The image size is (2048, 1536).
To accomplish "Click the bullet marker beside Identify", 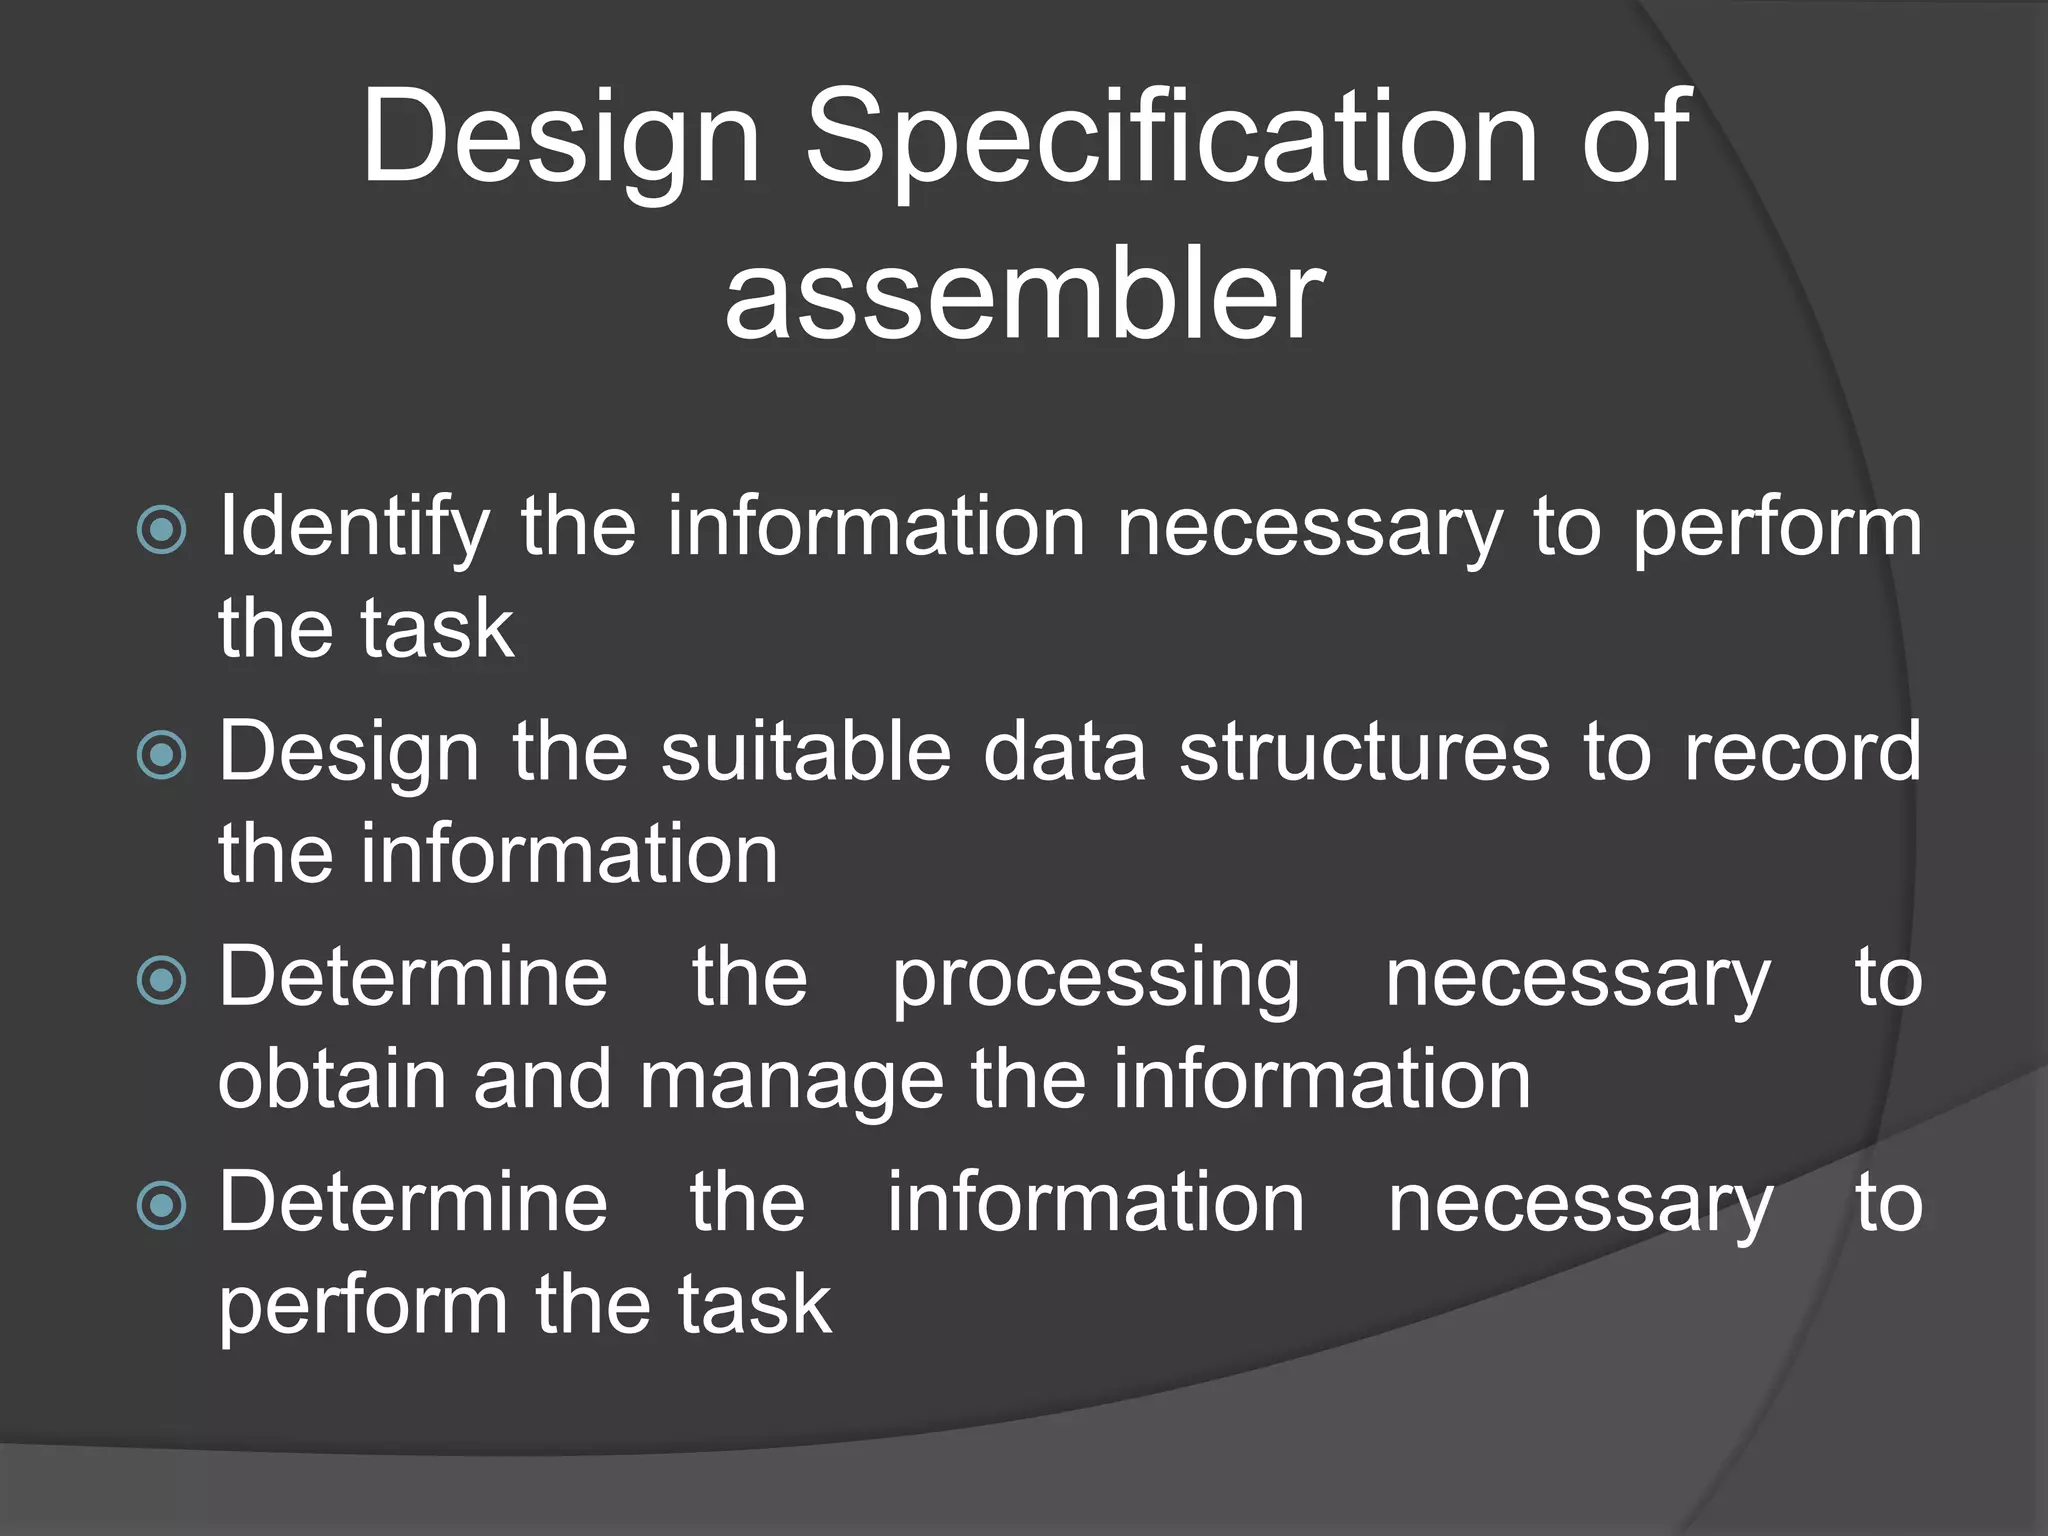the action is coord(161,529).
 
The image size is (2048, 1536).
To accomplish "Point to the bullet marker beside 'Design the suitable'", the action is coord(161,754).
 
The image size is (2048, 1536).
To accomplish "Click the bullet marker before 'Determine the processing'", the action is coord(161,979).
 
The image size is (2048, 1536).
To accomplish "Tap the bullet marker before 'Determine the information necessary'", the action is coord(161,1204).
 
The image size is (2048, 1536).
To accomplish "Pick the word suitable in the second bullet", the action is coord(806,752).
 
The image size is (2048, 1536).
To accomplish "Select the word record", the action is coord(1803,752).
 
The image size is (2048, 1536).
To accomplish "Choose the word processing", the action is coord(1096,980).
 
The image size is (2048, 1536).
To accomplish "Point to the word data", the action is coord(1064,752).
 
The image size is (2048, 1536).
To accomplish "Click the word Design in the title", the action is coord(560,140).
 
